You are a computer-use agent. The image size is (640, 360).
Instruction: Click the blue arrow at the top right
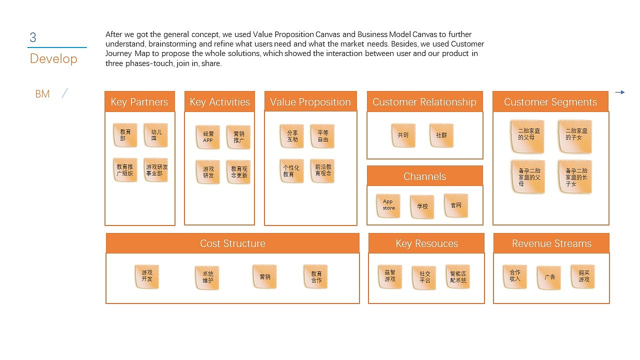620,92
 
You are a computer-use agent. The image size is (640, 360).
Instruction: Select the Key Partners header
139,101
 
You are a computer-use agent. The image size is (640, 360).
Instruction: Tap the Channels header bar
425,176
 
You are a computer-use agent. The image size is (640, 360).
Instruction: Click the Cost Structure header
232,243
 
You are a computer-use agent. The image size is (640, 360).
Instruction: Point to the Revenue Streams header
551,243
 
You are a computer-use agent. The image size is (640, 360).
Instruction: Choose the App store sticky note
388,205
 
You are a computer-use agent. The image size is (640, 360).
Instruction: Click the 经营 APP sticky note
208,137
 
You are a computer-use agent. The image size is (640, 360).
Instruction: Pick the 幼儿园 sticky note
156,135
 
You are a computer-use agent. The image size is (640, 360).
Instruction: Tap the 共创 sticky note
403,135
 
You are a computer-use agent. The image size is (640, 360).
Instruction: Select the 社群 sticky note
441,135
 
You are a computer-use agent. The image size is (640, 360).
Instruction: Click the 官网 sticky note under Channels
456,205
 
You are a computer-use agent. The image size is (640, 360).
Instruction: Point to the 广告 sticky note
549,277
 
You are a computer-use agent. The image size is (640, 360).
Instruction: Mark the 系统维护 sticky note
207,277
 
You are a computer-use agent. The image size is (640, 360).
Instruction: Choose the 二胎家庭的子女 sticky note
575,136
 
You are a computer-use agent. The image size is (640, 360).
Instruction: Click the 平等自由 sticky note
322,136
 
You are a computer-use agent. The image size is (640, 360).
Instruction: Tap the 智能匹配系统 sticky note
458,276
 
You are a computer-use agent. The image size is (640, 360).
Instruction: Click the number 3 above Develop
33,37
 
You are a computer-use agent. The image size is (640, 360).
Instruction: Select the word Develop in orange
53,58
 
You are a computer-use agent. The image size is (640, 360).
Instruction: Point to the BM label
42,94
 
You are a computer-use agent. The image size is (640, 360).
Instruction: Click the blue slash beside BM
65,93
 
